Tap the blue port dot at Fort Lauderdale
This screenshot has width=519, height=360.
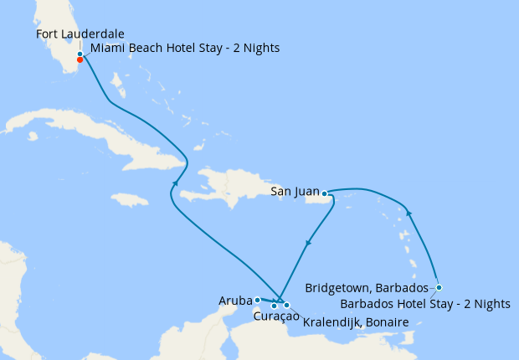coord(80,54)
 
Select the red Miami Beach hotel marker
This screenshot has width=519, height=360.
coord(80,59)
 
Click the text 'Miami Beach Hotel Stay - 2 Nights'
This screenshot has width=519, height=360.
coord(184,49)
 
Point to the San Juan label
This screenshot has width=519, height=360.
coord(295,193)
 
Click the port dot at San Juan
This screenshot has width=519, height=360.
coord(324,193)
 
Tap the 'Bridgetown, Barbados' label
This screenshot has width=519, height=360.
coord(367,287)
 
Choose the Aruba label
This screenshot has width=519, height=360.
coord(235,299)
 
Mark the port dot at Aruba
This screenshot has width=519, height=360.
coord(257,299)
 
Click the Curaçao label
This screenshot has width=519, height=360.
coord(275,316)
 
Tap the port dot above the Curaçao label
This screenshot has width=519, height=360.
coord(274,306)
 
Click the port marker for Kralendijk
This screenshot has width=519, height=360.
coord(286,306)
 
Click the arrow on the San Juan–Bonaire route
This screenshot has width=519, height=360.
coord(309,244)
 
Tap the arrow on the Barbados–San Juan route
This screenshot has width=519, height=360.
coord(409,214)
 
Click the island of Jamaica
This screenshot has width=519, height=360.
coord(128,200)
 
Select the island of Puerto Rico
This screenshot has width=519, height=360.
coord(338,199)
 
